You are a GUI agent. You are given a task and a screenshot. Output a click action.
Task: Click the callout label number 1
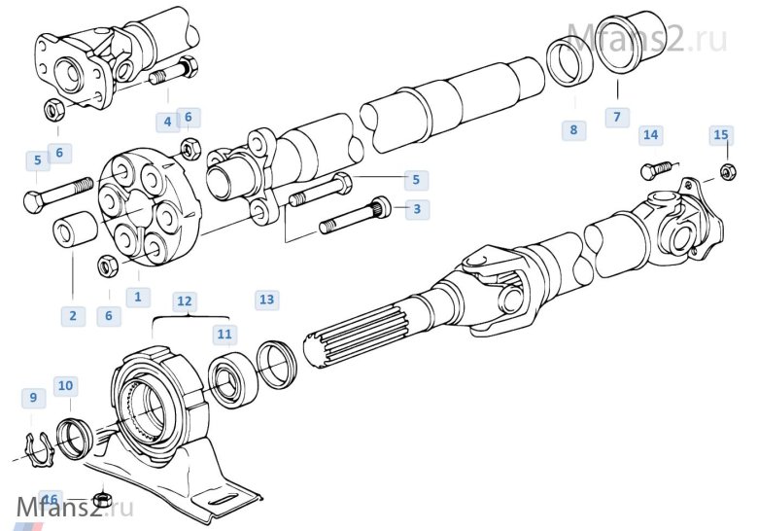137,297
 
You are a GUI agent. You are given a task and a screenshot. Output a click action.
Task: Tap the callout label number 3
417,208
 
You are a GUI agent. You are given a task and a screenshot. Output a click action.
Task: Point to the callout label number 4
167,122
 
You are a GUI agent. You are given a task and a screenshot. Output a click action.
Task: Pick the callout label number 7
614,117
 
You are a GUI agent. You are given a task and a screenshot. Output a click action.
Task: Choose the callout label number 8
573,129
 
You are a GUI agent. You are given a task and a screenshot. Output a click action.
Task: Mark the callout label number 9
33,397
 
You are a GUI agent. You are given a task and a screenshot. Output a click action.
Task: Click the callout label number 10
65,386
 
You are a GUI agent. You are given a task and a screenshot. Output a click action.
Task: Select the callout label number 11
224,335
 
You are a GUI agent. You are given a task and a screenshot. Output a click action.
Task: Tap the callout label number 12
185,300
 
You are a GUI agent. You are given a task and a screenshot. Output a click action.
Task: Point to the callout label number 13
266,300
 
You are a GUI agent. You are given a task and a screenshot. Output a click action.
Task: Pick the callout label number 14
650,134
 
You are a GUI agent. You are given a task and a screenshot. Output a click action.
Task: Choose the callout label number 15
720,134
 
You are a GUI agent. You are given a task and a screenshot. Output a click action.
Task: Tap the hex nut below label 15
727,172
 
